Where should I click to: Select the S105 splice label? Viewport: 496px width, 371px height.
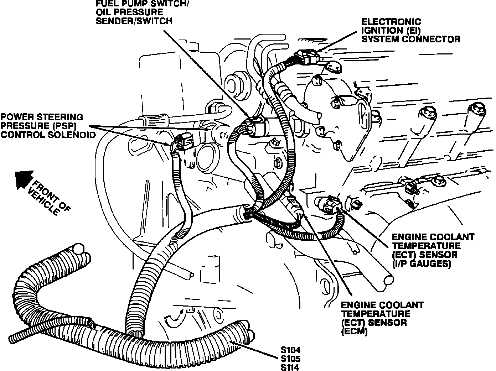(x=288, y=359)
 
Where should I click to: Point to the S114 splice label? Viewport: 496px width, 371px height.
(x=288, y=367)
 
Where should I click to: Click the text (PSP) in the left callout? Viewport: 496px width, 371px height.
(x=67, y=126)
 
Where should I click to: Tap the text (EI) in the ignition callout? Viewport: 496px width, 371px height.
(x=415, y=30)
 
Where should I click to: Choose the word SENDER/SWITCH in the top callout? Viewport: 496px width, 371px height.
(x=134, y=21)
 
